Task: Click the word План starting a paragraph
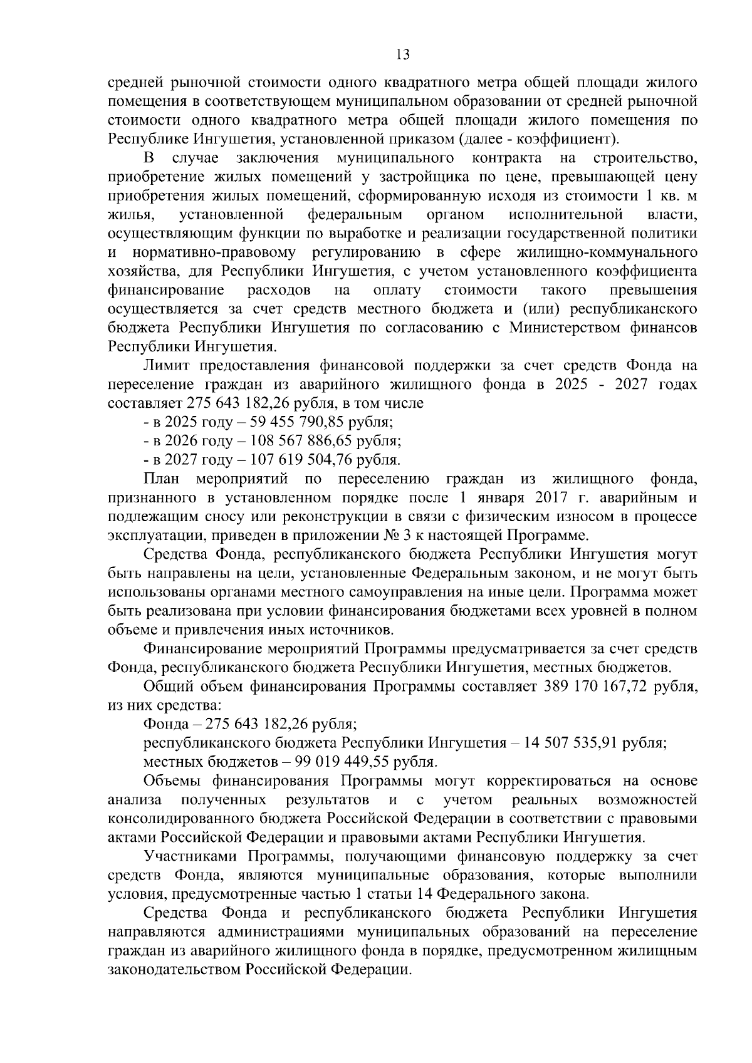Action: point(162,479)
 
